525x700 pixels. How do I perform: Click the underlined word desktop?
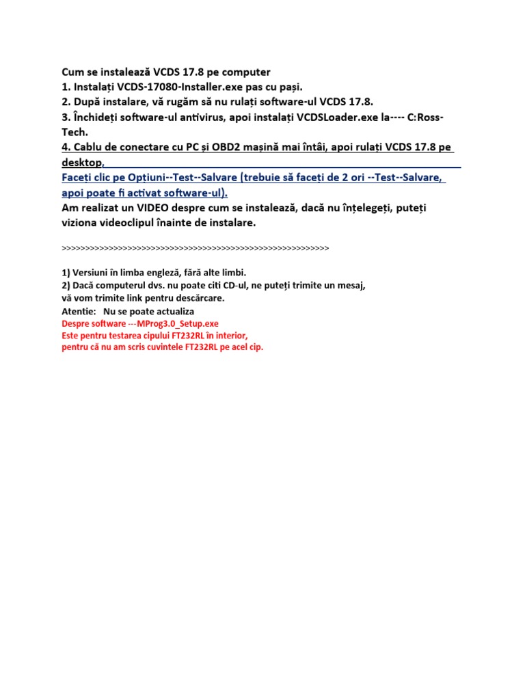coord(81,163)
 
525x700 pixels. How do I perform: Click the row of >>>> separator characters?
coord(195,247)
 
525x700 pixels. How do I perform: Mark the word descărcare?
coord(198,298)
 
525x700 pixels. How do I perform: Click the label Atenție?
coord(79,311)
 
